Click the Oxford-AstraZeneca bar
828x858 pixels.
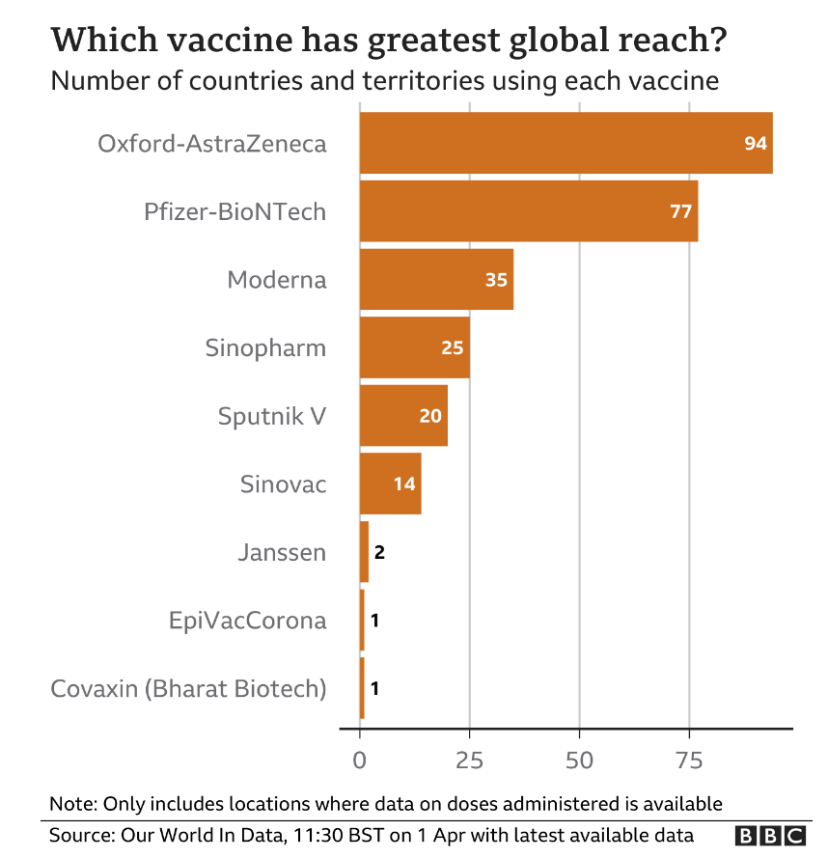[x=566, y=143]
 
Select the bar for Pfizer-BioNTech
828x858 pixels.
[x=528, y=211]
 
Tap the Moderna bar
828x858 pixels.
[x=436, y=280]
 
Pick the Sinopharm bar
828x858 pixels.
[x=414, y=347]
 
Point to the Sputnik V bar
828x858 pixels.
[x=403, y=416]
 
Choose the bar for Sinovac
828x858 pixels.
[x=390, y=484]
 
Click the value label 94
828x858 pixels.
[x=755, y=144]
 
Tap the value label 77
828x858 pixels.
[x=681, y=211]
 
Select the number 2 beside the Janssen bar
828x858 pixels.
[x=379, y=552]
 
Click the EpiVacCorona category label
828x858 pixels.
[x=247, y=621]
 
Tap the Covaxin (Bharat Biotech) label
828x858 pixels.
[x=188, y=689]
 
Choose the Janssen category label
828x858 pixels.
[x=282, y=553]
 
